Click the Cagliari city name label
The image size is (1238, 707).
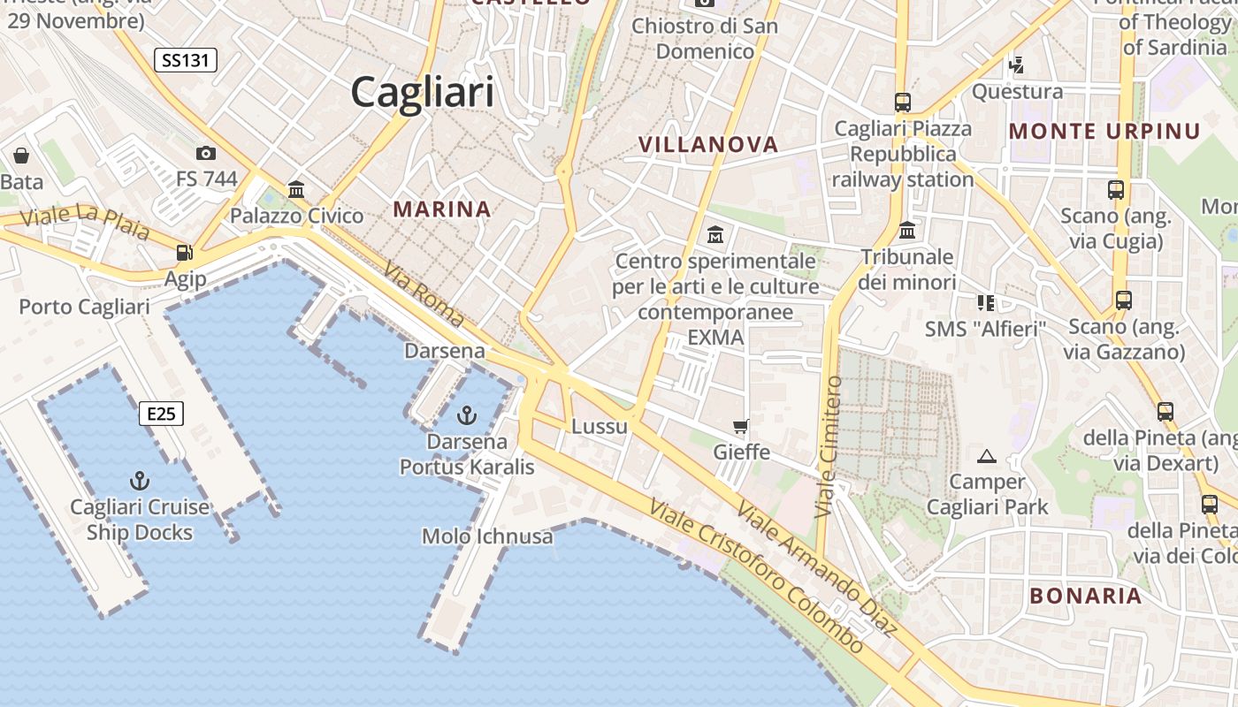coord(422,92)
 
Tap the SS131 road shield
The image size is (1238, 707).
coord(185,60)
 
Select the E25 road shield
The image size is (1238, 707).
coord(161,413)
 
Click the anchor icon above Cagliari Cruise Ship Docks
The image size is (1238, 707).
coord(139,481)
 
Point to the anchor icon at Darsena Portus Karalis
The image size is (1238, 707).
coord(466,414)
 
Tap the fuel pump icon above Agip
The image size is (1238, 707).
coord(184,253)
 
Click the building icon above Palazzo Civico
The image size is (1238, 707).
coord(296,189)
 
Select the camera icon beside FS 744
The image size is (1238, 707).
coord(206,153)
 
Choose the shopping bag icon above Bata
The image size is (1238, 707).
coord(21,156)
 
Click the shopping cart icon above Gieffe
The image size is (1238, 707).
coord(741,426)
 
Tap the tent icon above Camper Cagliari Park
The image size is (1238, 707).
coord(986,456)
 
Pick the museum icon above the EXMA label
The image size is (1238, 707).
coord(715,235)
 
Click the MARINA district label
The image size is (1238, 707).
coord(441,209)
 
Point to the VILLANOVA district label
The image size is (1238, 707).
coord(707,145)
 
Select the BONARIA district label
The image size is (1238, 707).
coord(1086,596)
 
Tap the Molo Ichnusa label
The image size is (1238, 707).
coord(487,536)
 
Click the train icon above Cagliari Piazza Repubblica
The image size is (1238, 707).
coord(902,103)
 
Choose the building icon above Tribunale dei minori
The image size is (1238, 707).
coord(906,232)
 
